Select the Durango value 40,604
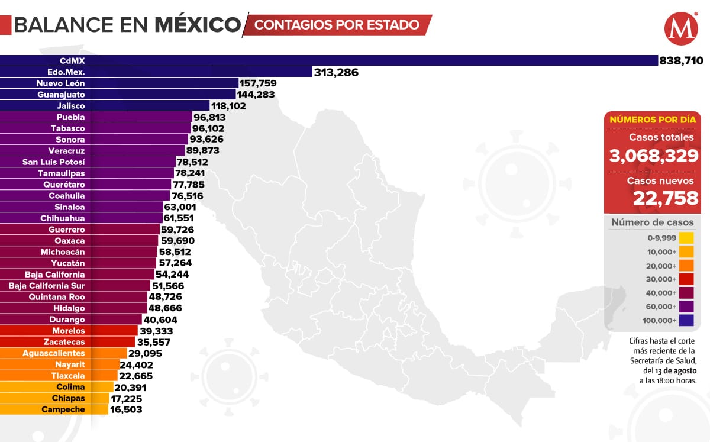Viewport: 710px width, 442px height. pos(160,320)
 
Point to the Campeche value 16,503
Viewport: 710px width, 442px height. pos(126,409)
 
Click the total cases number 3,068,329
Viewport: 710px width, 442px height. pos(654,156)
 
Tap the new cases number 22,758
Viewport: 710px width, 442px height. pos(666,198)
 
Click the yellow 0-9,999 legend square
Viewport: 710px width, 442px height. pos(686,238)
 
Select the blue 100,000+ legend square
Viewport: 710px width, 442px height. pos(686,321)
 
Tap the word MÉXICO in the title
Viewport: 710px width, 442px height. pos(198,25)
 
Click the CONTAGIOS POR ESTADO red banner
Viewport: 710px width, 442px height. pos(337,25)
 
